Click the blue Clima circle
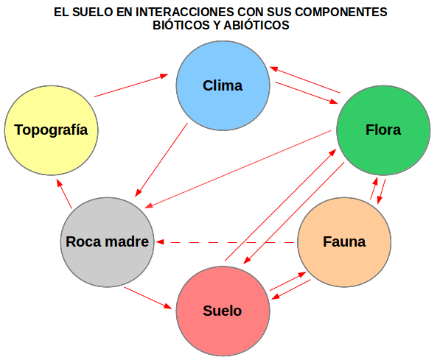pos(223,85)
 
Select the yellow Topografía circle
pos(51,130)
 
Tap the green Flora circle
pos(383,130)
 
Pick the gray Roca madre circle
pos(108,242)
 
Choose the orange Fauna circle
pos(344,242)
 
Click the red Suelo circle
pos(223,311)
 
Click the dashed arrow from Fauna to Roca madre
pos(226,242)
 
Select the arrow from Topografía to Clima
pos(131,85)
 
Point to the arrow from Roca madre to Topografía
pos(64,194)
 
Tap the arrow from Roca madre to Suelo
pos(148,297)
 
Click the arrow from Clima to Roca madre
pos(161,160)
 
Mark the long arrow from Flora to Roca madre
pos(238,169)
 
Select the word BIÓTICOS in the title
pos(181,25)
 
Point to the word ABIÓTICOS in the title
pos(256,25)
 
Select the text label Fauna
pos(344,241)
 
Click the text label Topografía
pos(51,130)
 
